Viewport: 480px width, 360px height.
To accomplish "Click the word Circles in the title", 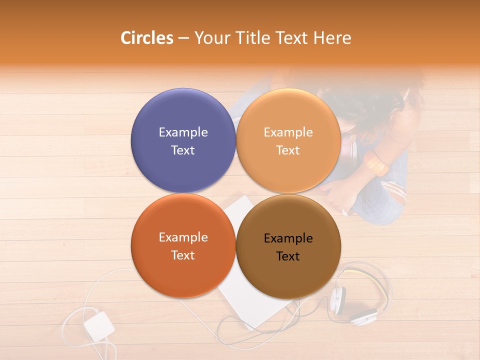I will pyautogui.click(x=147, y=38).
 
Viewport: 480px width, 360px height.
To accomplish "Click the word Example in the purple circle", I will pyautogui.click(x=183, y=132).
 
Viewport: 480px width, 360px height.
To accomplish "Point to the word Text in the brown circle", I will pyautogui.click(x=288, y=256).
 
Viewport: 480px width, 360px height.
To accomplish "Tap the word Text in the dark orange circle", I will pyautogui.click(x=183, y=255).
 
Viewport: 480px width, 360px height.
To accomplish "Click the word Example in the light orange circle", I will pyautogui.click(x=288, y=132).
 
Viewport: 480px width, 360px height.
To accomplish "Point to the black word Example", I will pyautogui.click(x=288, y=238).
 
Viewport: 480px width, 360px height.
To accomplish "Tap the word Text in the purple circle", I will pyautogui.click(x=183, y=150).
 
